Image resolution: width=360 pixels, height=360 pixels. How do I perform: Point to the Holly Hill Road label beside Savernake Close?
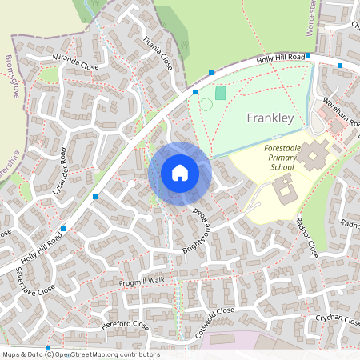click(x=43, y=243)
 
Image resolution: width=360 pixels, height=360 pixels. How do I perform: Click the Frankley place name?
click(x=271, y=118)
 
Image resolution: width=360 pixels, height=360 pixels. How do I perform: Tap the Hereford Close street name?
click(x=125, y=326)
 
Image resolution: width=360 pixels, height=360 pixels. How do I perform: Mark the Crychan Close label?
click(x=337, y=318)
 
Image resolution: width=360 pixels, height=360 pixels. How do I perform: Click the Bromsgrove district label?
click(x=13, y=77)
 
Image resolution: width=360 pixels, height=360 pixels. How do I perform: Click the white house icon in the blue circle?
click(x=180, y=173)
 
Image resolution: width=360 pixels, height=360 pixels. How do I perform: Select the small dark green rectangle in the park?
click(x=221, y=93)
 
